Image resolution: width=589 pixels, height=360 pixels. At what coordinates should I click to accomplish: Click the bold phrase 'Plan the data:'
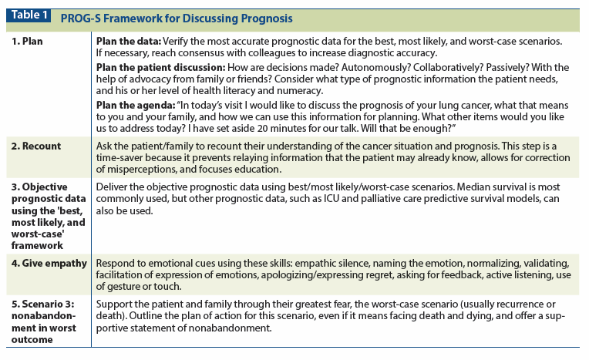(x=127, y=39)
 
